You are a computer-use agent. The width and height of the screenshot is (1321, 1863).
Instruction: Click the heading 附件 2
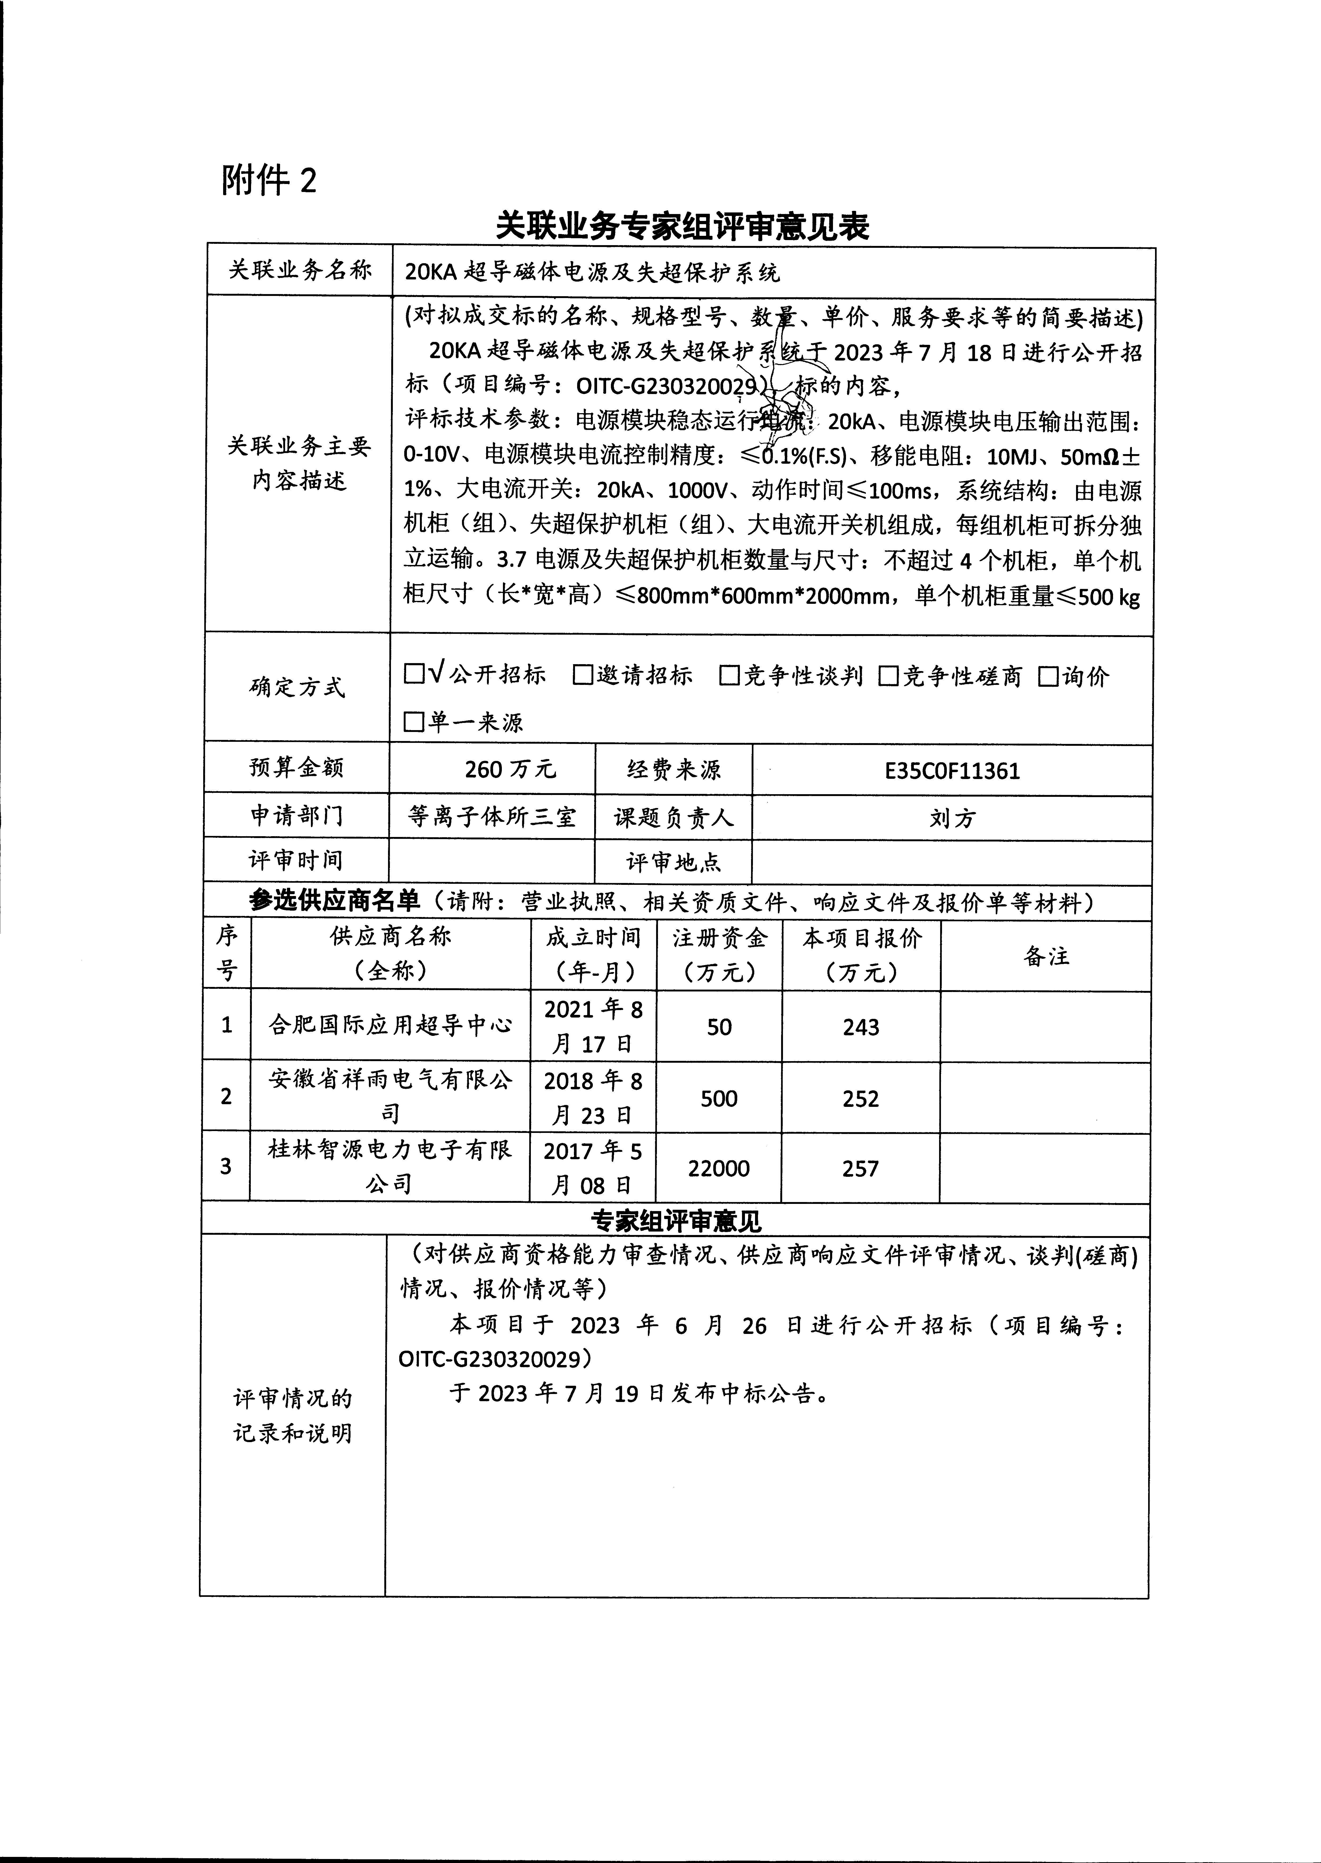tap(268, 181)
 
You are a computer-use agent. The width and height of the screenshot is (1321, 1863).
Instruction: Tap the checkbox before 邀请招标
tap(582, 675)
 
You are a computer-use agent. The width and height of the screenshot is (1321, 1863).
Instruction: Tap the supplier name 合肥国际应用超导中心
tap(390, 1025)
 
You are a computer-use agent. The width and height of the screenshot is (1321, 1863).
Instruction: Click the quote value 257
tap(861, 1169)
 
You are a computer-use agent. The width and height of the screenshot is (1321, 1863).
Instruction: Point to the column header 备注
tap(1046, 956)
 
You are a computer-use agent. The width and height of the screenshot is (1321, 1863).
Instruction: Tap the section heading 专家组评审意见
tap(675, 1221)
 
